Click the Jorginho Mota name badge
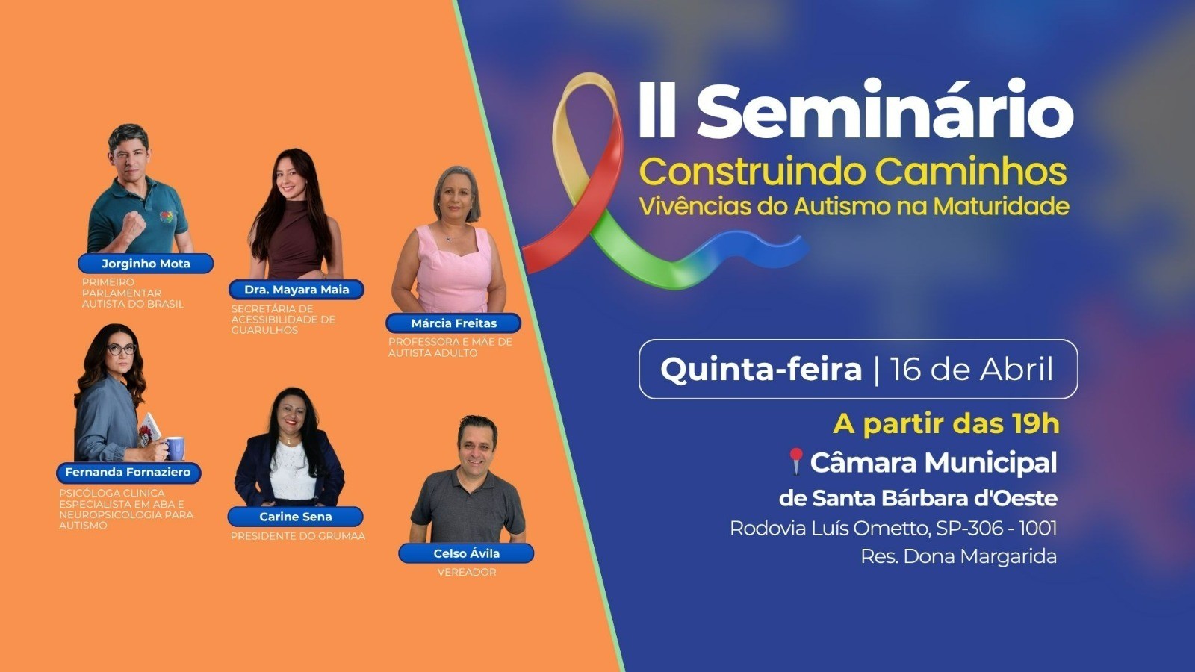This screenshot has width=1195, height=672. pos(146,264)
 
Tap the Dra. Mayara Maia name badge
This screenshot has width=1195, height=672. pos(297,290)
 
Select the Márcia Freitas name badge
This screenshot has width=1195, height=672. pos(453,323)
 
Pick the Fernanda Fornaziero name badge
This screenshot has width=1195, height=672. pos(128,472)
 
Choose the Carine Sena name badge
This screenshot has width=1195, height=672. pos(296,517)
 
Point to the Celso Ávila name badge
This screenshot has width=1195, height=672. pos(466,553)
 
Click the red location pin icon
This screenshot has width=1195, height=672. pos(795,461)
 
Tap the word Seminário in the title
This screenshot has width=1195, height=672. pos(884,112)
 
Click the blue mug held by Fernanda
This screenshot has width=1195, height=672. pos(175,448)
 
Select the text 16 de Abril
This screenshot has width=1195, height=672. pos(972,370)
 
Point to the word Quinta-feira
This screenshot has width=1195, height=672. pos(760,370)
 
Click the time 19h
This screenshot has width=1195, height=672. pos(1035,424)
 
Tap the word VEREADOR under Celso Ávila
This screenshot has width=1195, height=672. pos(466,572)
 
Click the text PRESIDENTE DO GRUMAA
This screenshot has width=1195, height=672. pos(297,536)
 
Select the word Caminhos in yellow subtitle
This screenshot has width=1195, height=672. pos(970,171)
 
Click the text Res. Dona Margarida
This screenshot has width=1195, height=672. pos(958,556)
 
